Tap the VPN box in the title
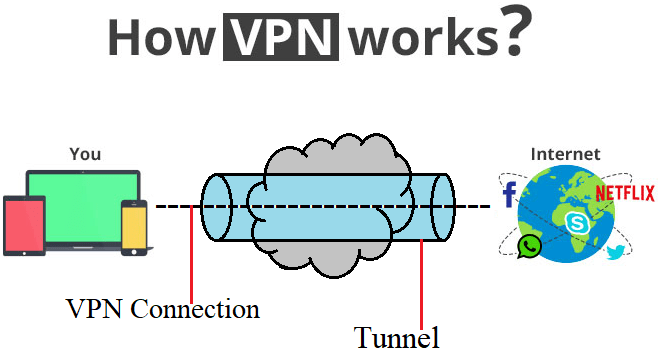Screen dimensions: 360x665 (284, 36)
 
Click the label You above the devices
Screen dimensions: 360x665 (85, 154)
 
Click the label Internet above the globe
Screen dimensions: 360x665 (566, 154)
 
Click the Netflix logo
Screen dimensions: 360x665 (624, 193)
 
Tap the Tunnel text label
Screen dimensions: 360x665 (397, 337)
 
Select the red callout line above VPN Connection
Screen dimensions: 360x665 (191, 249)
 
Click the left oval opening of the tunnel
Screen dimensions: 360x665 (217, 207)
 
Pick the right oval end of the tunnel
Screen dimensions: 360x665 (440, 207)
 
